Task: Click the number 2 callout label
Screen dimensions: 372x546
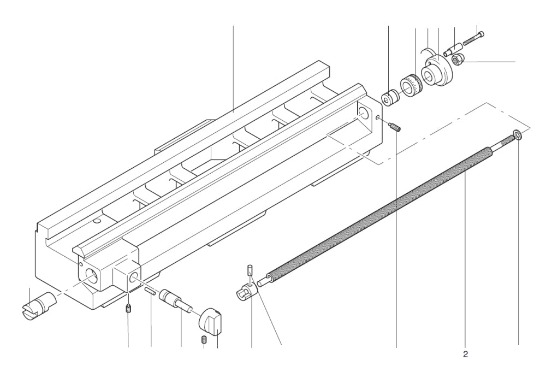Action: [x=465, y=354]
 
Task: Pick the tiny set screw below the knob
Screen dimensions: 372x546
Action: [x=203, y=340]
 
